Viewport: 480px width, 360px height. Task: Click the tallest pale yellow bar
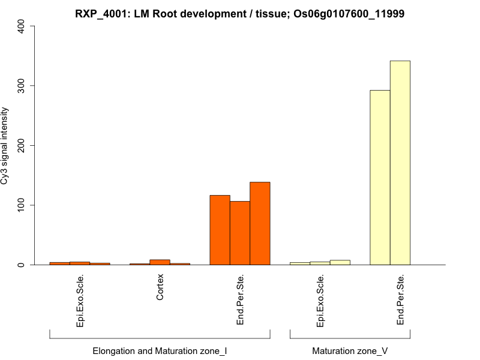pos(400,163)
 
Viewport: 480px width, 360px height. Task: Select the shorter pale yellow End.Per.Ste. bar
pos(380,178)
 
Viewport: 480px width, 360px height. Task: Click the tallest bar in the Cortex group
pos(160,262)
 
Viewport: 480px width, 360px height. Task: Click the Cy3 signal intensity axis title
pos(5,146)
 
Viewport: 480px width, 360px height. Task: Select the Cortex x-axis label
pos(160,287)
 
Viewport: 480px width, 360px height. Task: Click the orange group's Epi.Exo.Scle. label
pos(80,300)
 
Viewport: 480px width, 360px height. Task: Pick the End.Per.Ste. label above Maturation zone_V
pos(400,300)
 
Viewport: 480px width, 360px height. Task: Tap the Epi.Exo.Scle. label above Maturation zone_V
pos(320,300)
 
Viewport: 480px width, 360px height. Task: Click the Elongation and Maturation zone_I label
pos(160,350)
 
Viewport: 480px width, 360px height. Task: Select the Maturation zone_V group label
pos(350,350)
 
